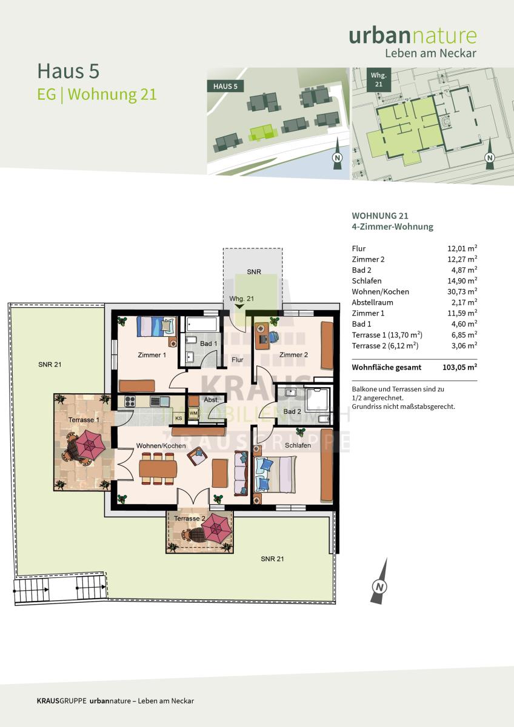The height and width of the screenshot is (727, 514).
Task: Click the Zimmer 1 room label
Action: (x=152, y=355)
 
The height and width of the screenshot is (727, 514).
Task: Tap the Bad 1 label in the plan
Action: (x=209, y=344)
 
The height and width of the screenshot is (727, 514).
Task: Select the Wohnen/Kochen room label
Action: (x=161, y=446)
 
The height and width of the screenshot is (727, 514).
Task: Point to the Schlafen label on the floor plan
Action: (x=298, y=446)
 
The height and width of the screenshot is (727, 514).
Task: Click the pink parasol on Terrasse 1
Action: (x=90, y=444)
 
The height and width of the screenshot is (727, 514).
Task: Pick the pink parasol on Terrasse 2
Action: (x=216, y=528)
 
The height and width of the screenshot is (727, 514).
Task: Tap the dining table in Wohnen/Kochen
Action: (x=158, y=469)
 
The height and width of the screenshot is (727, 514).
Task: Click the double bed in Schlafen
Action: (x=276, y=474)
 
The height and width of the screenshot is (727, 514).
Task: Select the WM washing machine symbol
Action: (x=193, y=413)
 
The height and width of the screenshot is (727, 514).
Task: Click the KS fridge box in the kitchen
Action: (x=179, y=419)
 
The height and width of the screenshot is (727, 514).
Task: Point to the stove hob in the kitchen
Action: (x=130, y=402)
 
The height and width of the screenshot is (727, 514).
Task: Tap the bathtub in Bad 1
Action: (x=201, y=324)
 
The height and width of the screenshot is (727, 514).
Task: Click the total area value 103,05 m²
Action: (x=460, y=367)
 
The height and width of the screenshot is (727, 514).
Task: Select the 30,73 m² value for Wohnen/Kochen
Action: (x=462, y=291)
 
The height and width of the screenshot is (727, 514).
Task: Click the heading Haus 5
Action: (x=68, y=71)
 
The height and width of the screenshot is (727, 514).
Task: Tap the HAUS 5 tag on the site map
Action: (x=225, y=86)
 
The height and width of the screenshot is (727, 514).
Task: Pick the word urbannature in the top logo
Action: (x=413, y=36)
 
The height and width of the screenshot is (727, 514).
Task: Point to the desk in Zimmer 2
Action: (x=262, y=336)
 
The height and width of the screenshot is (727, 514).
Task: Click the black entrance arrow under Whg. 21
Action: (x=239, y=307)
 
